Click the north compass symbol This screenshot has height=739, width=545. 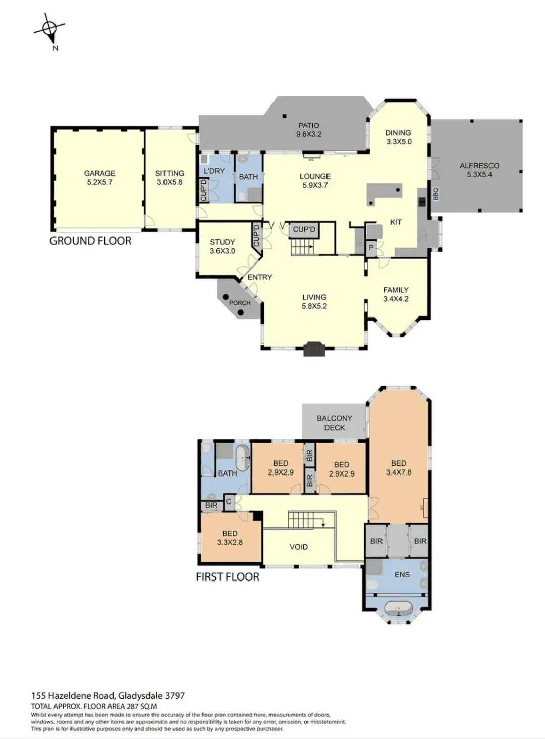50,30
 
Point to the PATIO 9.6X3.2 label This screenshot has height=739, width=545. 309,130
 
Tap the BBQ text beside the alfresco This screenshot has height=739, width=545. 435,194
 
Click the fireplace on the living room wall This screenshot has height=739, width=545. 314,349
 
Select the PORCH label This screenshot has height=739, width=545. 240,303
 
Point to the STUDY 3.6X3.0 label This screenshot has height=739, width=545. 223,246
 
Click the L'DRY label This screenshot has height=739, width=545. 214,171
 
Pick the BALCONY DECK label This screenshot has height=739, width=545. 335,423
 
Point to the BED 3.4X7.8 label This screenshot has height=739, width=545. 399,468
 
